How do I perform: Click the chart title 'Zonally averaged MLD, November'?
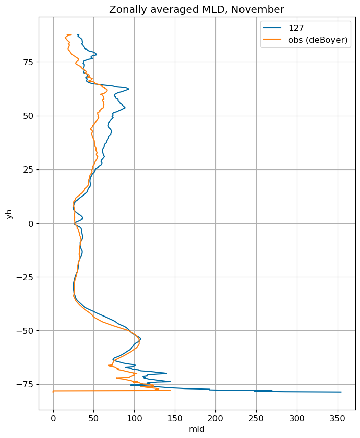(x=197, y=10)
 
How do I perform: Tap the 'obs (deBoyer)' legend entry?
(x=305, y=40)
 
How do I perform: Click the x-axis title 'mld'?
(x=197, y=429)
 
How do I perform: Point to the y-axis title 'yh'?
(x=9, y=214)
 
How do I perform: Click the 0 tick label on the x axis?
(x=53, y=418)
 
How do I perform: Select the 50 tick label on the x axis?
(x=93, y=418)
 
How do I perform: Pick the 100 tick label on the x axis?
(x=134, y=418)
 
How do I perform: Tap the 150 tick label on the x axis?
(x=175, y=418)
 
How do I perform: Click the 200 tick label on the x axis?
(x=216, y=418)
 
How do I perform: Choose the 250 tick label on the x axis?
(x=256, y=418)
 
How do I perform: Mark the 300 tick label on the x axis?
(x=297, y=418)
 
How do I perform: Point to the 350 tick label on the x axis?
(x=338, y=418)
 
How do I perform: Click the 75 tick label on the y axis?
(x=29, y=62)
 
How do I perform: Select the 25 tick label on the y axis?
(x=29, y=170)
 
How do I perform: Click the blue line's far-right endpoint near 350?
(x=341, y=392)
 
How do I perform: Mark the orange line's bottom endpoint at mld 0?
(x=53, y=391)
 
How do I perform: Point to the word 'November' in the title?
(x=258, y=10)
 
